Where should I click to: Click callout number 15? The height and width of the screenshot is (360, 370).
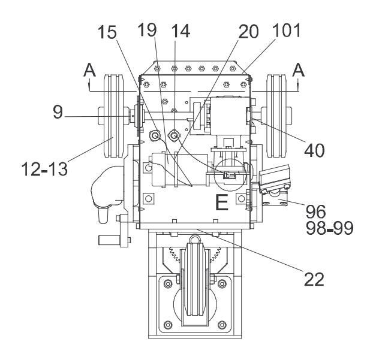(x=107, y=32)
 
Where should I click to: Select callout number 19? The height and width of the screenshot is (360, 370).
(x=148, y=30)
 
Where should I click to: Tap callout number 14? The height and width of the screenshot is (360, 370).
(x=181, y=31)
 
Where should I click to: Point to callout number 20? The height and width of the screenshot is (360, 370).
(x=248, y=32)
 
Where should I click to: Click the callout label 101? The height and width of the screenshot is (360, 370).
(x=287, y=30)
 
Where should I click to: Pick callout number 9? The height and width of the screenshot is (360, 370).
(x=58, y=112)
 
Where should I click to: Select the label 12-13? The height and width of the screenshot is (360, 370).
(x=44, y=170)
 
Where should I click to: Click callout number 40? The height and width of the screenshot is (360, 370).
(x=314, y=150)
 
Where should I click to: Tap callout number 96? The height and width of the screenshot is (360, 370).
(x=315, y=211)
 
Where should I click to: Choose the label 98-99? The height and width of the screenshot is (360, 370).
(x=330, y=228)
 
